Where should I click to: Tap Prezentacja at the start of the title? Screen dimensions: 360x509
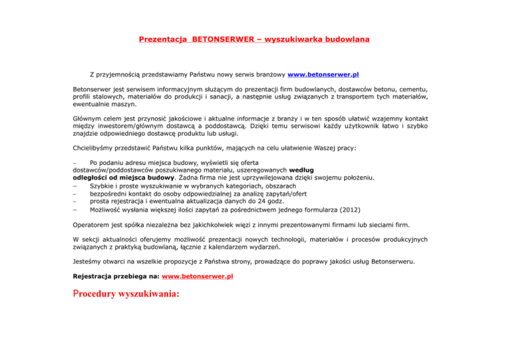(163, 39)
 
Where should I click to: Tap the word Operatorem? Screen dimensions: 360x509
(93, 225)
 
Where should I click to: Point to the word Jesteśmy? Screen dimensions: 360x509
(89, 261)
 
